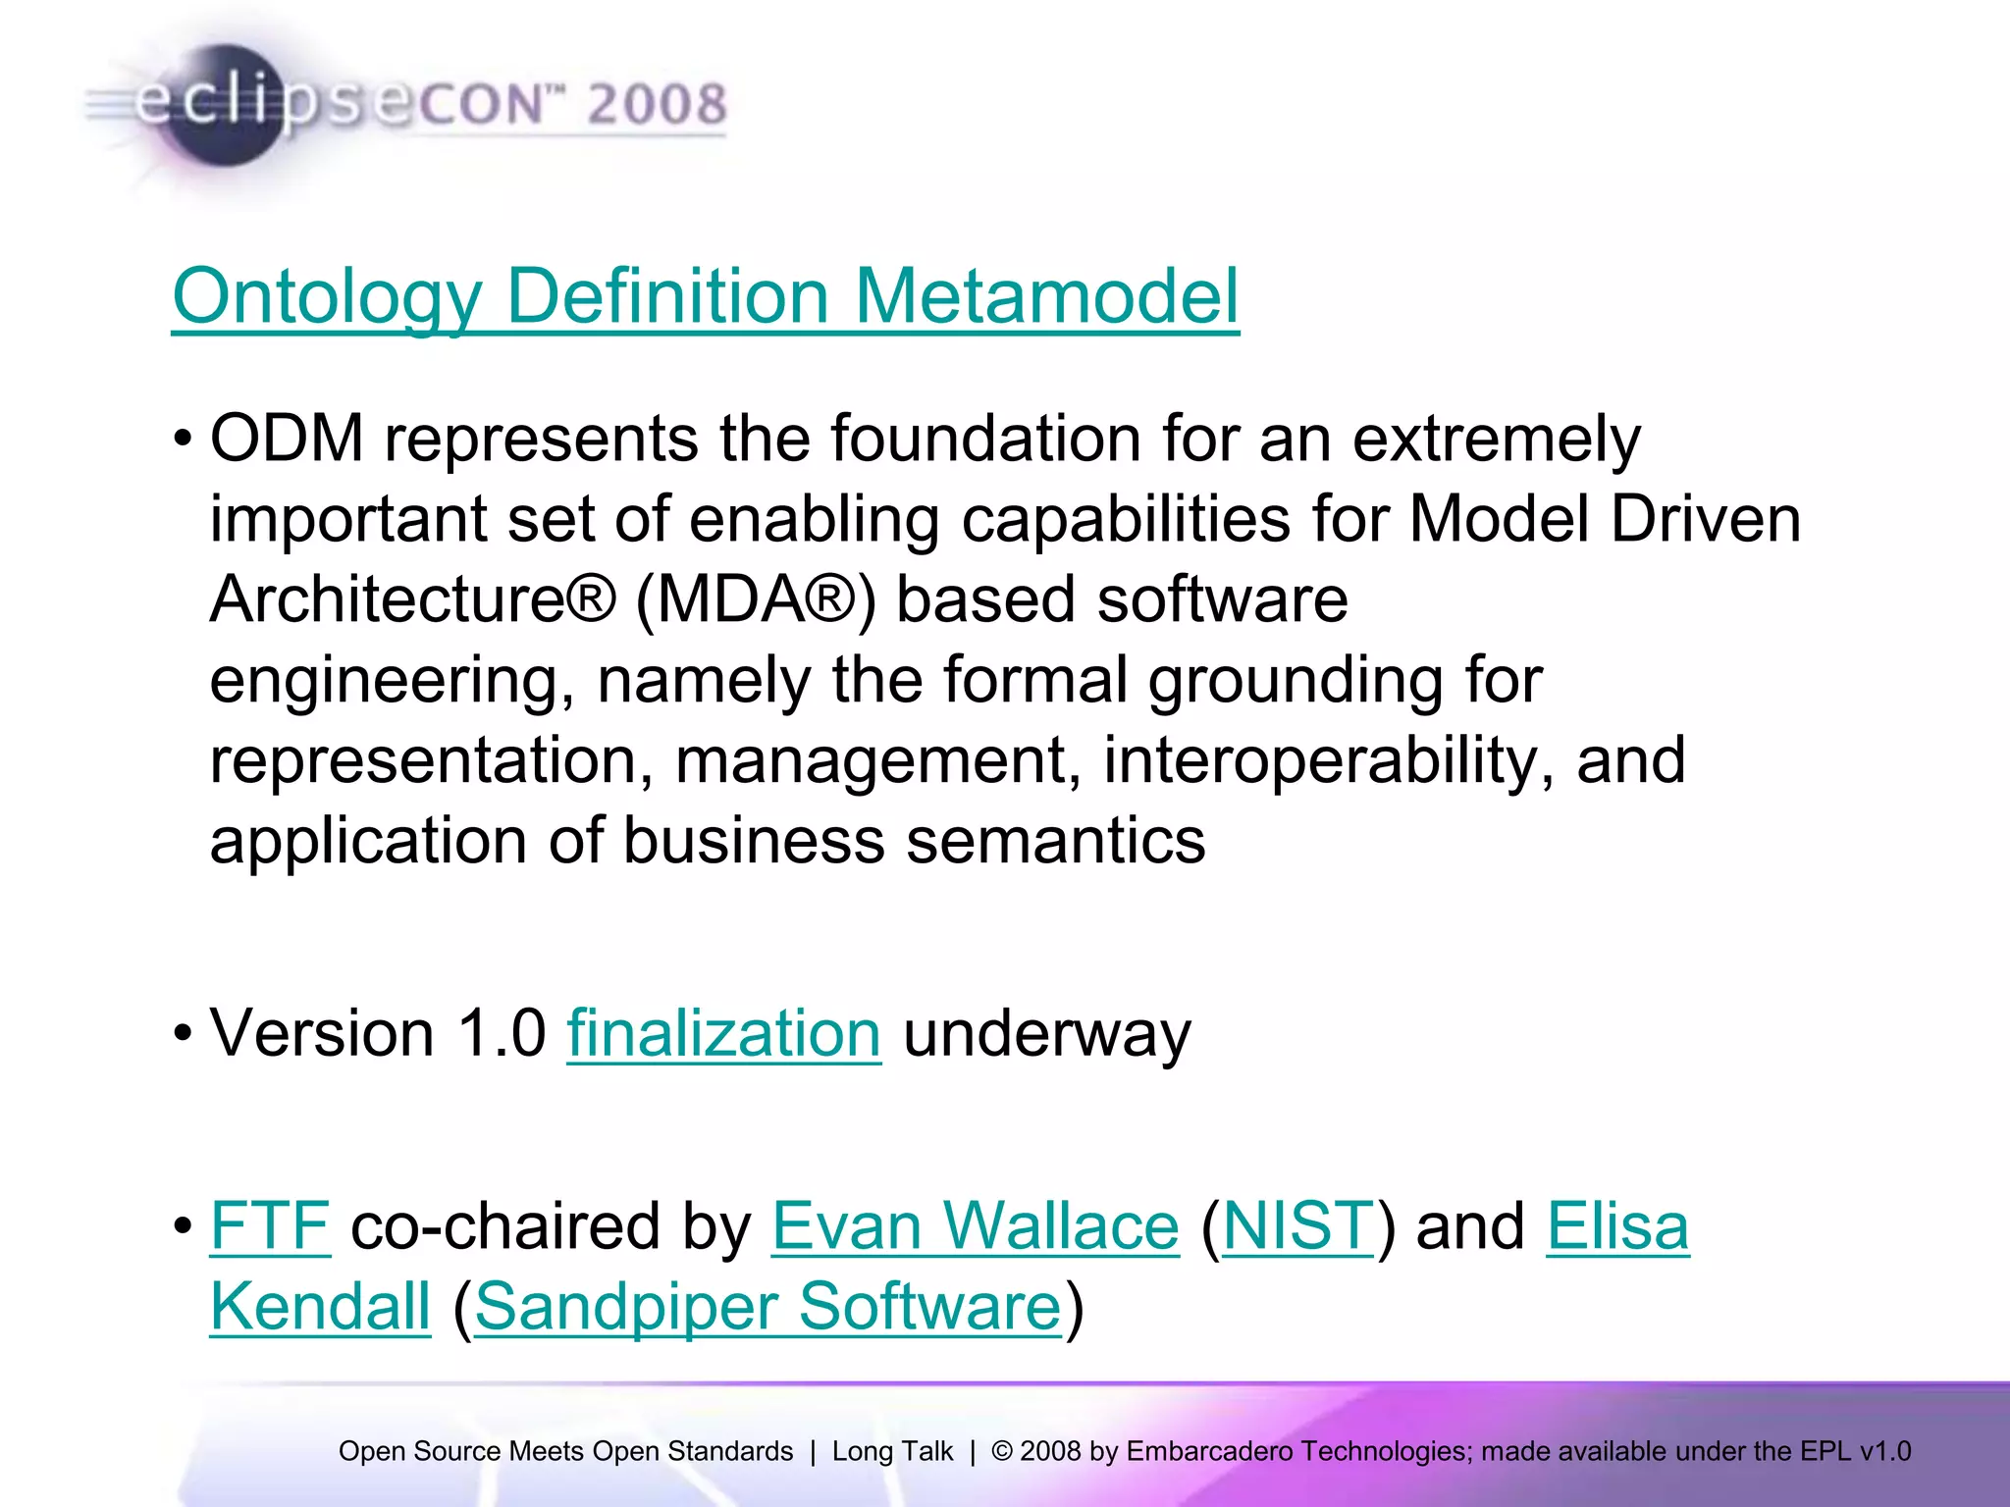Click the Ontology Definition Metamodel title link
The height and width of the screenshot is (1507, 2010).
tap(705, 296)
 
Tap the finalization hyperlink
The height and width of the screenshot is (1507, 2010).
tap(723, 1034)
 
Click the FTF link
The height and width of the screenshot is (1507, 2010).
tap(270, 1226)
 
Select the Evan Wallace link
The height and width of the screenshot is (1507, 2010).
tap(975, 1226)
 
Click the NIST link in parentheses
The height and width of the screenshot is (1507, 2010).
tap(1297, 1226)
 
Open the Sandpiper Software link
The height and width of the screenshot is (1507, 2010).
tap(767, 1307)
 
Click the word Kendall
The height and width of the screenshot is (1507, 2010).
tap(320, 1307)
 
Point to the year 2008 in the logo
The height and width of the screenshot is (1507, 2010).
tap(657, 104)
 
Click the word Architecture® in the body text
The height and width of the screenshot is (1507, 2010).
tap(412, 599)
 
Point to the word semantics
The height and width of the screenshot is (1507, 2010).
tap(1055, 842)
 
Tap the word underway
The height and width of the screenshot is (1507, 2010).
tap(1046, 1034)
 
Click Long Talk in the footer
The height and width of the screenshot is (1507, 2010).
tap(892, 1451)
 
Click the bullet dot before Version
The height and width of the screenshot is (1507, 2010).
tap(183, 1034)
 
